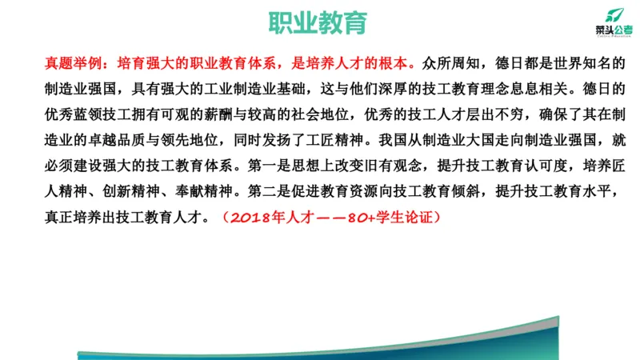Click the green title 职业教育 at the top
pyautogui.click(x=319, y=22)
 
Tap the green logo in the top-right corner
pyautogui.click(x=613, y=20)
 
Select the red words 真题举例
pyautogui.click(x=77, y=62)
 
